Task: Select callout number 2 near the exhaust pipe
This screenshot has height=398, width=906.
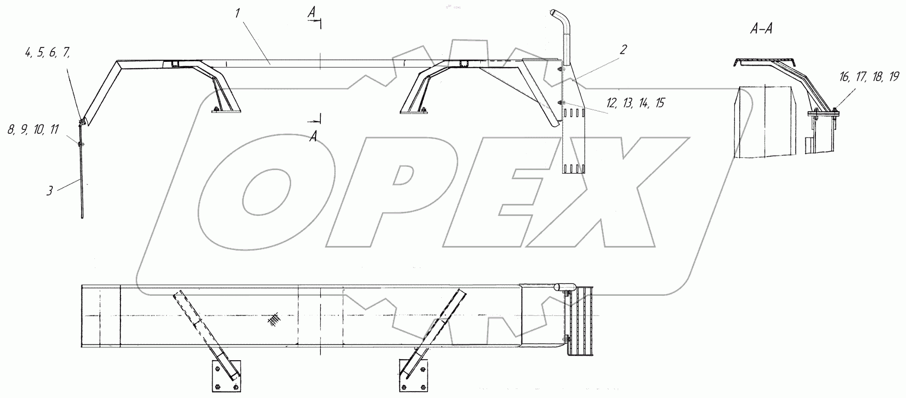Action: tap(624, 50)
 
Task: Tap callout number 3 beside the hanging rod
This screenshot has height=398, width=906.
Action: tap(50, 191)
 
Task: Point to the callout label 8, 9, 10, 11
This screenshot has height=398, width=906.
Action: tap(33, 130)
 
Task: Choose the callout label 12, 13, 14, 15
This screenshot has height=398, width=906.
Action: tap(635, 103)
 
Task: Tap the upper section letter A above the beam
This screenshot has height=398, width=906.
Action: tap(311, 13)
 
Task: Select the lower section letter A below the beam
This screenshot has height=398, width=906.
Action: tap(313, 137)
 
